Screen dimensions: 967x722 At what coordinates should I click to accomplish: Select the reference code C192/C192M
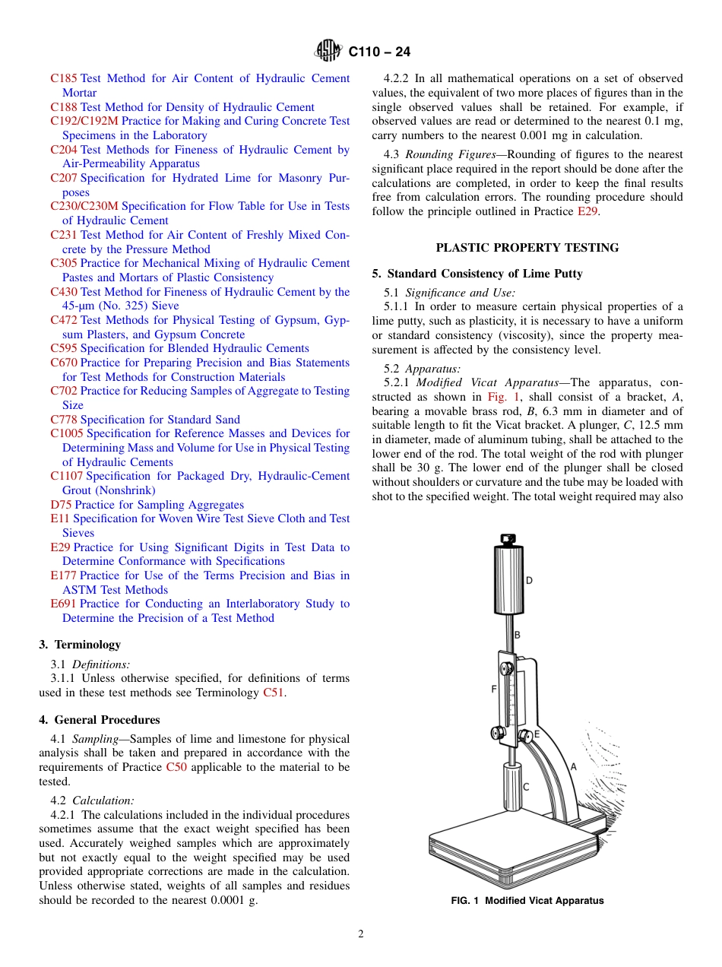84,121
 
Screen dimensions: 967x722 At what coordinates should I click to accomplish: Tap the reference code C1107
67,476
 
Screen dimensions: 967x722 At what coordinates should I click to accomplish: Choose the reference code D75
61,505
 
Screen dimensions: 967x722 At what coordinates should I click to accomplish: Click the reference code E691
63,604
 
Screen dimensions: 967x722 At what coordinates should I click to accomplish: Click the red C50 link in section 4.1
176,767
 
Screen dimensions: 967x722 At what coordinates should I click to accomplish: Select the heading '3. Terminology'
80,645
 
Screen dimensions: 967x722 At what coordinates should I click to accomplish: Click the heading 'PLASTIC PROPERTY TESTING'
527,248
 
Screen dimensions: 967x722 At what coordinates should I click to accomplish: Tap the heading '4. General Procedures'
100,720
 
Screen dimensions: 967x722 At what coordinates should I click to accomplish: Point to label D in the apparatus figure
529,581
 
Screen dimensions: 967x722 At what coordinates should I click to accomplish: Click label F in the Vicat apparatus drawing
494,690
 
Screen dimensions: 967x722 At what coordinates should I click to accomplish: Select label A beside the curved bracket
573,767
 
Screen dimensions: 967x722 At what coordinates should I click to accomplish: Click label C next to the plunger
525,787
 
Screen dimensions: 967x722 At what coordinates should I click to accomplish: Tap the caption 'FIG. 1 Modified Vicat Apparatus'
527,901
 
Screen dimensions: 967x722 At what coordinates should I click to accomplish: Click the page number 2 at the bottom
361,934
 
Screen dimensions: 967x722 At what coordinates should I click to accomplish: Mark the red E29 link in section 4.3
587,211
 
